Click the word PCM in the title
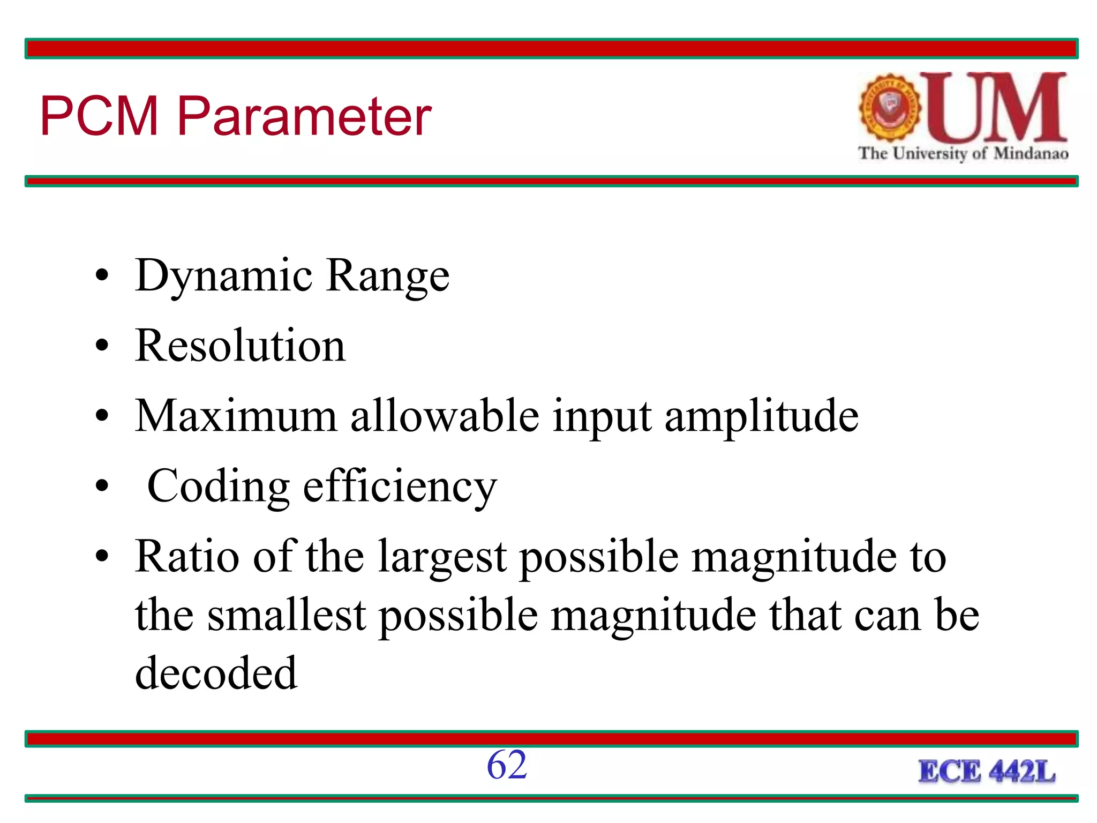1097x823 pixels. (x=99, y=116)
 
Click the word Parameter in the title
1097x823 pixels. (x=304, y=117)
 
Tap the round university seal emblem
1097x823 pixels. (x=890, y=108)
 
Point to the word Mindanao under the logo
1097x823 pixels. (x=1031, y=154)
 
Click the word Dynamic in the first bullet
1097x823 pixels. (x=224, y=276)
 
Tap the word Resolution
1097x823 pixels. (x=240, y=346)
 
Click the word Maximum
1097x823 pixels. (x=236, y=416)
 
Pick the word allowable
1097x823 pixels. (x=445, y=416)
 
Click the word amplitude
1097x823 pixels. (x=761, y=417)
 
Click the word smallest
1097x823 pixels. (x=287, y=615)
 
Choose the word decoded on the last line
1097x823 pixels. (x=216, y=673)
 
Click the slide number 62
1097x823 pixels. (x=507, y=765)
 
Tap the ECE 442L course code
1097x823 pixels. (x=987, y=772)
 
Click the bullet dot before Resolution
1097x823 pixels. (x=102, y=346)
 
